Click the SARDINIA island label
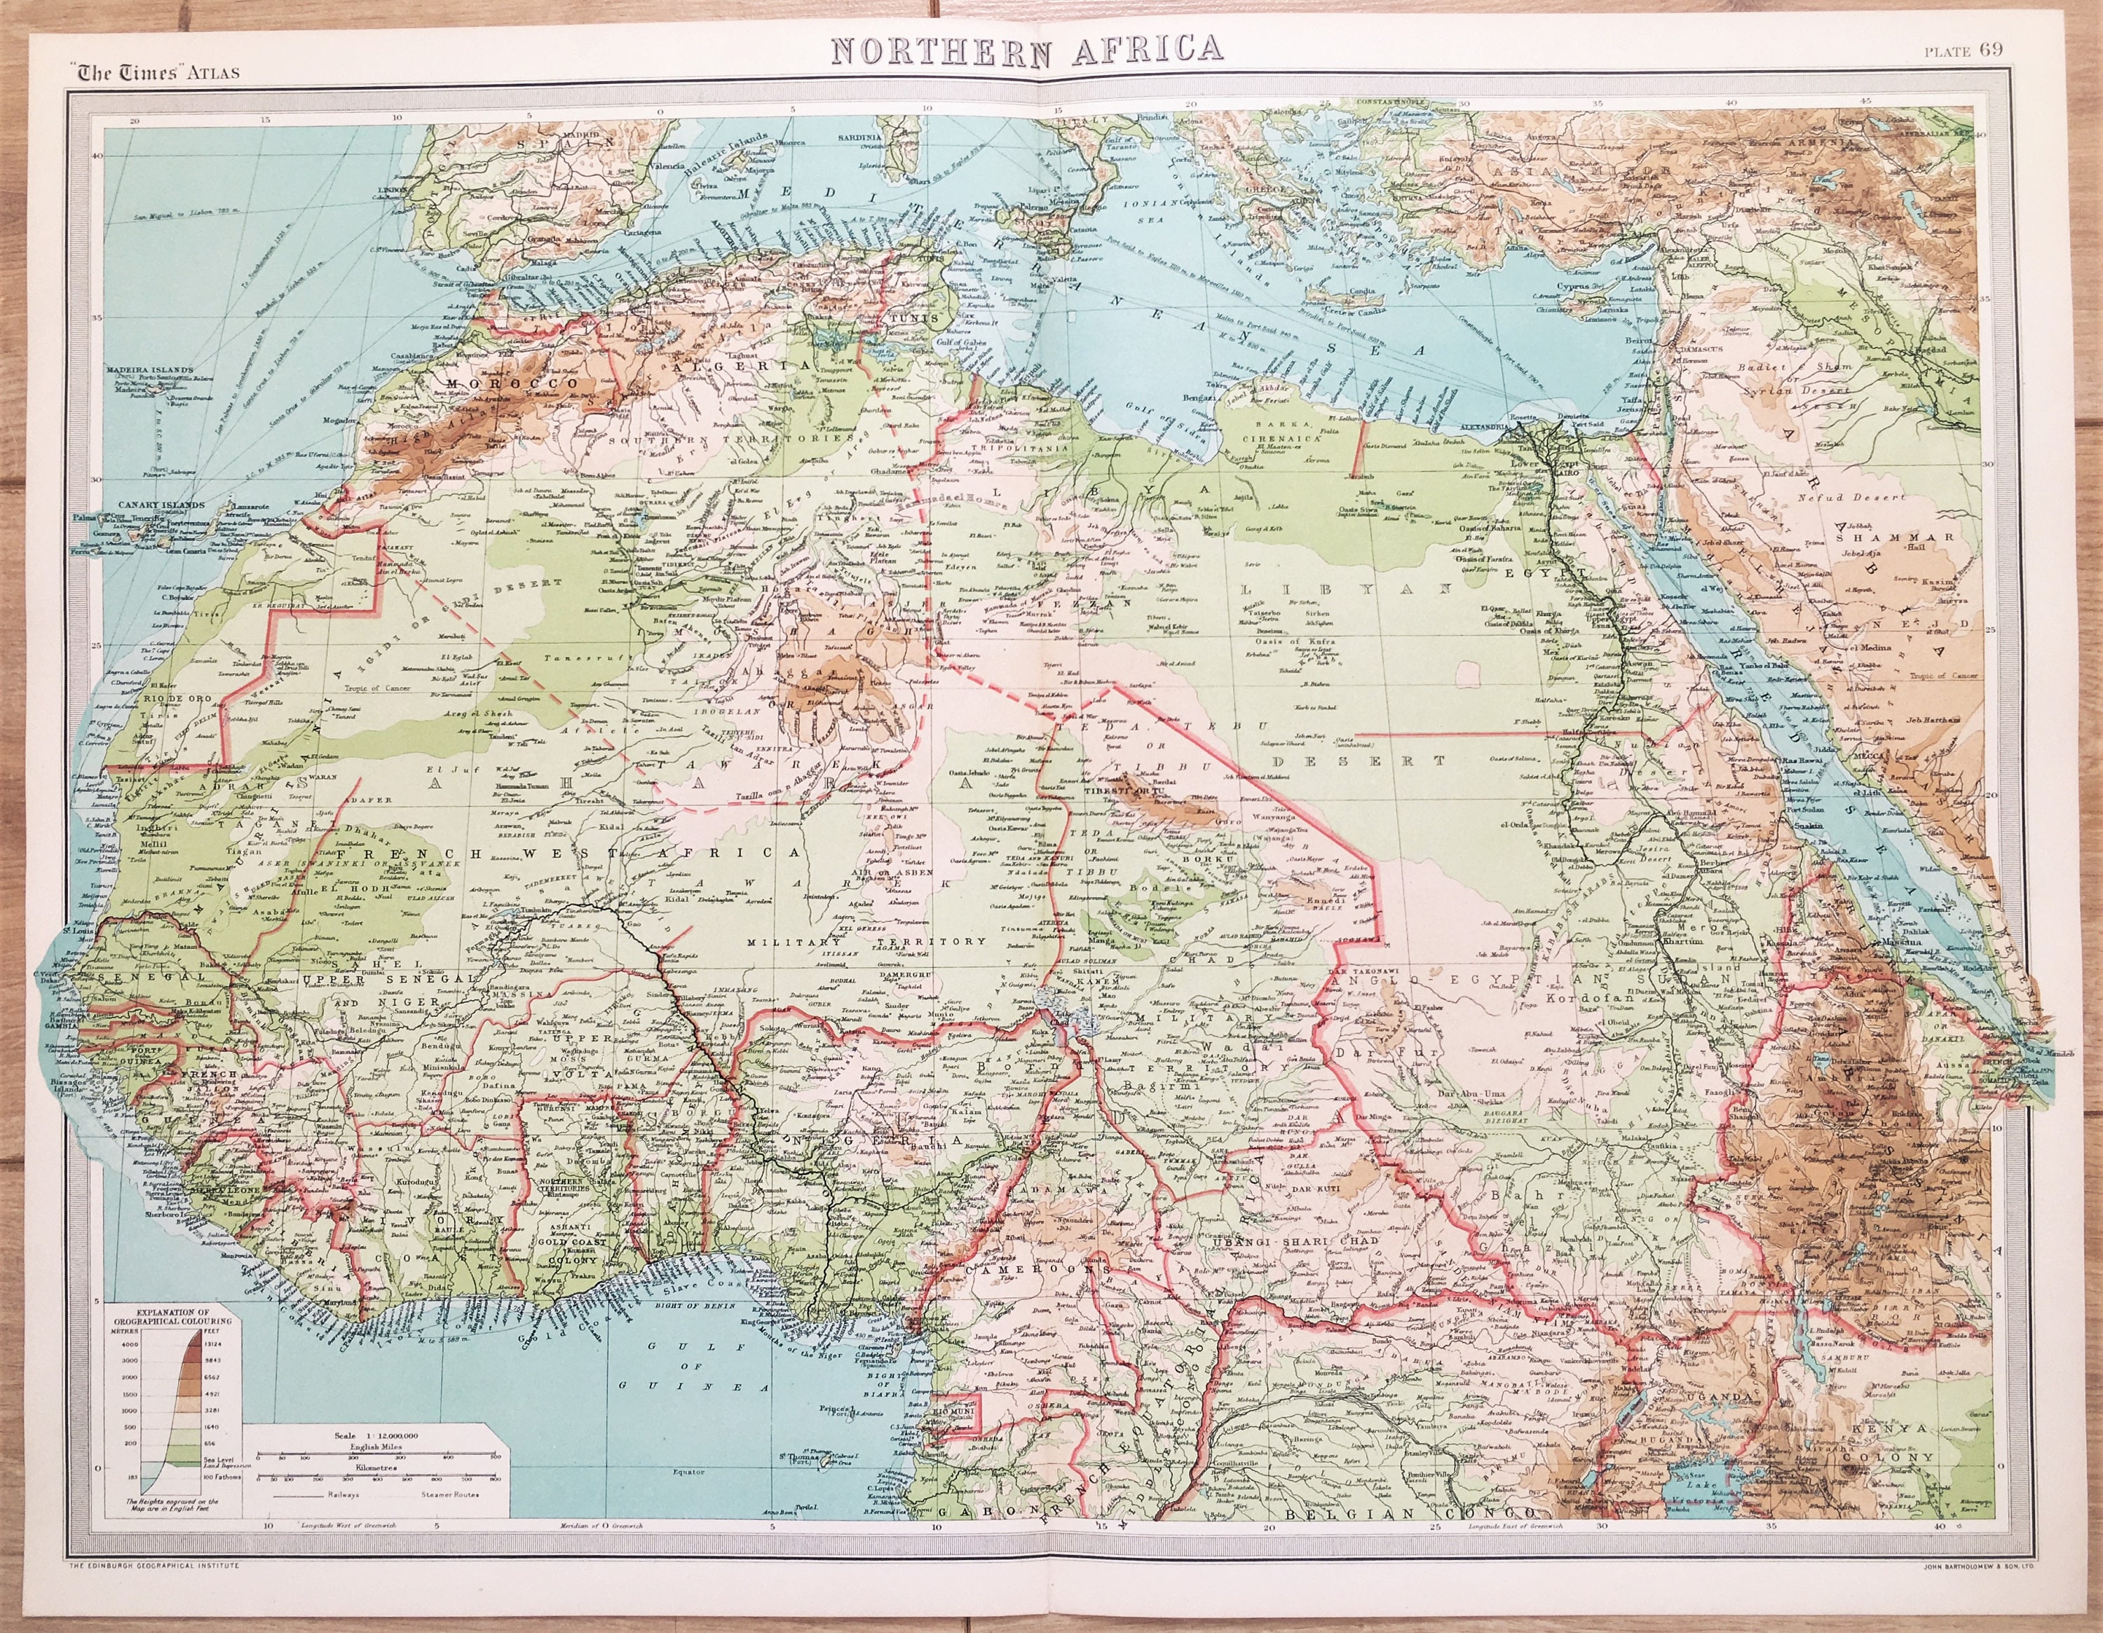point(858,139)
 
